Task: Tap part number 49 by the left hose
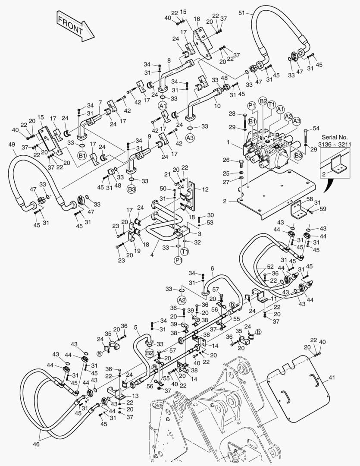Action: point(12,145)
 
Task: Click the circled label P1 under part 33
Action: point(178,260)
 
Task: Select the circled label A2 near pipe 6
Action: point(182,299)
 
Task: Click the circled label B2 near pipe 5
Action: point(150,353)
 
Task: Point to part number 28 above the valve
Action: point(232,114)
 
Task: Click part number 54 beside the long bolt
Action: point(316,129)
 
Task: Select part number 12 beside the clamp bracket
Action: point(205,189)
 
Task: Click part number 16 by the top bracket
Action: point(197,19)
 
